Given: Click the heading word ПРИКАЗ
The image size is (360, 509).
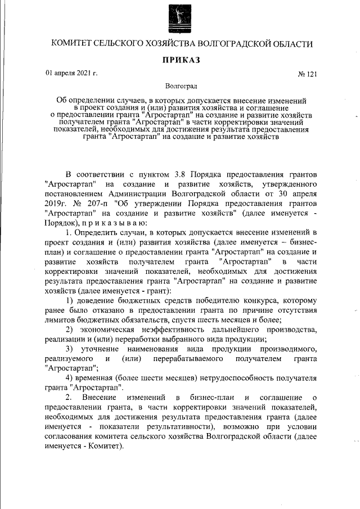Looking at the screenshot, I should (x=180, y=60).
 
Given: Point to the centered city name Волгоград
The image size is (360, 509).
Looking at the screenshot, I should (x=180, y=87).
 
